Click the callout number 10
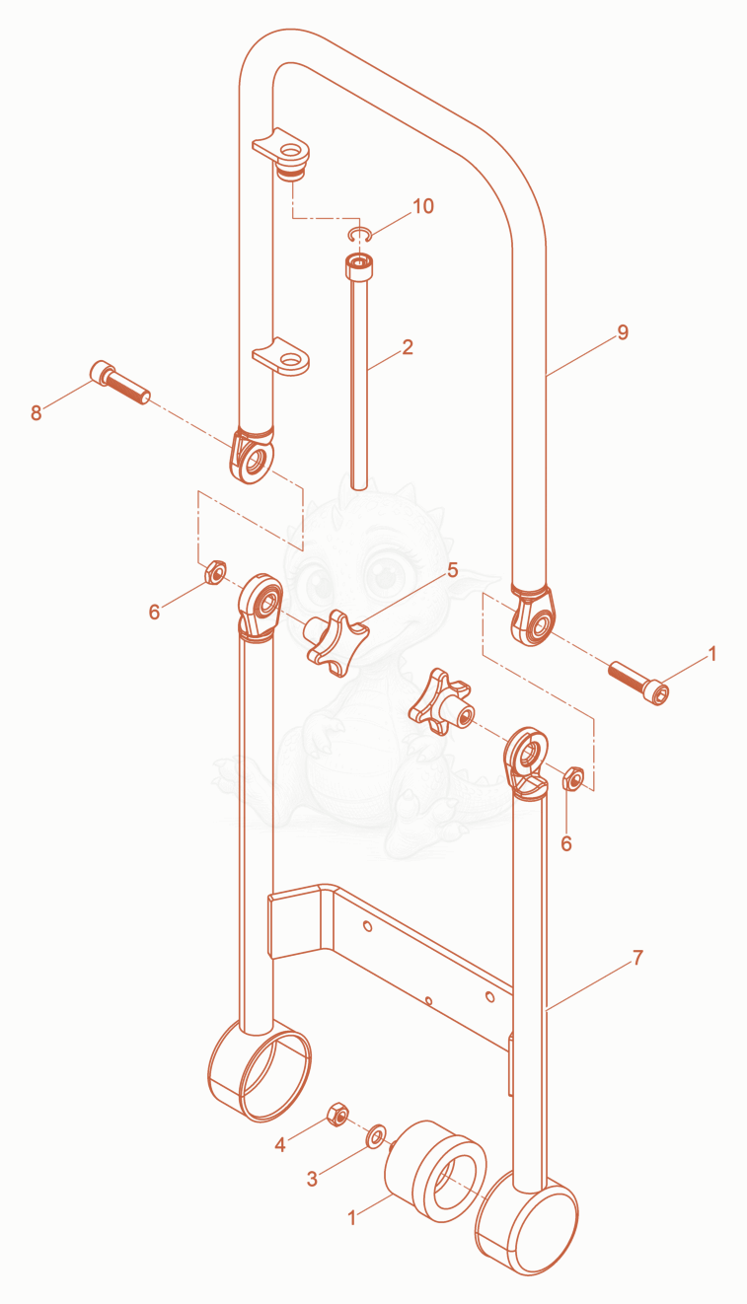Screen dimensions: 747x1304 [423, 206]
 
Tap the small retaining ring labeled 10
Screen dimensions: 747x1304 [360, 234]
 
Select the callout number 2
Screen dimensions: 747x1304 [408, 347]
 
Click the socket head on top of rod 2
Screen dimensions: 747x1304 [360, 268]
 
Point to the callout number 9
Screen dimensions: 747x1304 [623, 332]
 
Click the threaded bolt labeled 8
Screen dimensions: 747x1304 [120, 382]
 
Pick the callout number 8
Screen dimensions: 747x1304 [37, 413]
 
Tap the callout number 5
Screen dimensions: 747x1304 [453, 570]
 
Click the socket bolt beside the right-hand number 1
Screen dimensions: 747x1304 [638, 682]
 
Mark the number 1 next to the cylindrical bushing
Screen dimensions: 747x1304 [351, 1218]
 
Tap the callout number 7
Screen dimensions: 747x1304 [638, 958]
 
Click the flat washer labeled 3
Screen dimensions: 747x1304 [376, 1136]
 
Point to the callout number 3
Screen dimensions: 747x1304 [312, 1180]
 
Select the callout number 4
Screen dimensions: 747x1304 [280, 1145]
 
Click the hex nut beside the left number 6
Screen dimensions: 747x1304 [215, 572]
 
